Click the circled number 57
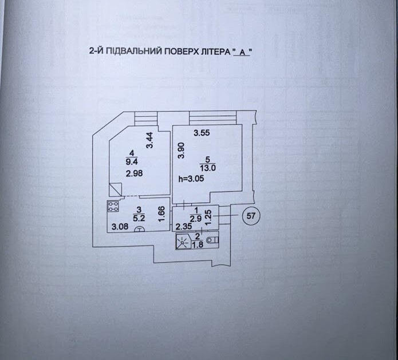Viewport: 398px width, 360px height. coord(251,216)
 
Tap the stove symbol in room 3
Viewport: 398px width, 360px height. coord(113,206)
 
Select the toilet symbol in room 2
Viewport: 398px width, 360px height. coord(212,239)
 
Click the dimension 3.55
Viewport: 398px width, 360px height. coord(202,133)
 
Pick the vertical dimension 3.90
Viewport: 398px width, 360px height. coord(181,151)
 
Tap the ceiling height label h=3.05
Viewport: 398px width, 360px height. coord(191,179)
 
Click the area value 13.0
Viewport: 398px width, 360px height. coord(208,168)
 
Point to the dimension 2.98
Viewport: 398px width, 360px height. coord(134,173)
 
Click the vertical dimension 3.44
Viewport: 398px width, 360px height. coord(149,140)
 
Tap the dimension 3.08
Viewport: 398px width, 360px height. coord(120,226)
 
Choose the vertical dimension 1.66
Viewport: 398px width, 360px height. coord(161,214)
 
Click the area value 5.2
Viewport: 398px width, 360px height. coord(139,217)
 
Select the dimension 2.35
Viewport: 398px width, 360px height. coord(184,226)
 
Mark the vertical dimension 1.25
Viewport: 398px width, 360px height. coord(208,217)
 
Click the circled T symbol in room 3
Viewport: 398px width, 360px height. coord(139,229)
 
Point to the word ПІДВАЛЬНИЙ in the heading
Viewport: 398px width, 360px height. coord(134,52)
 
